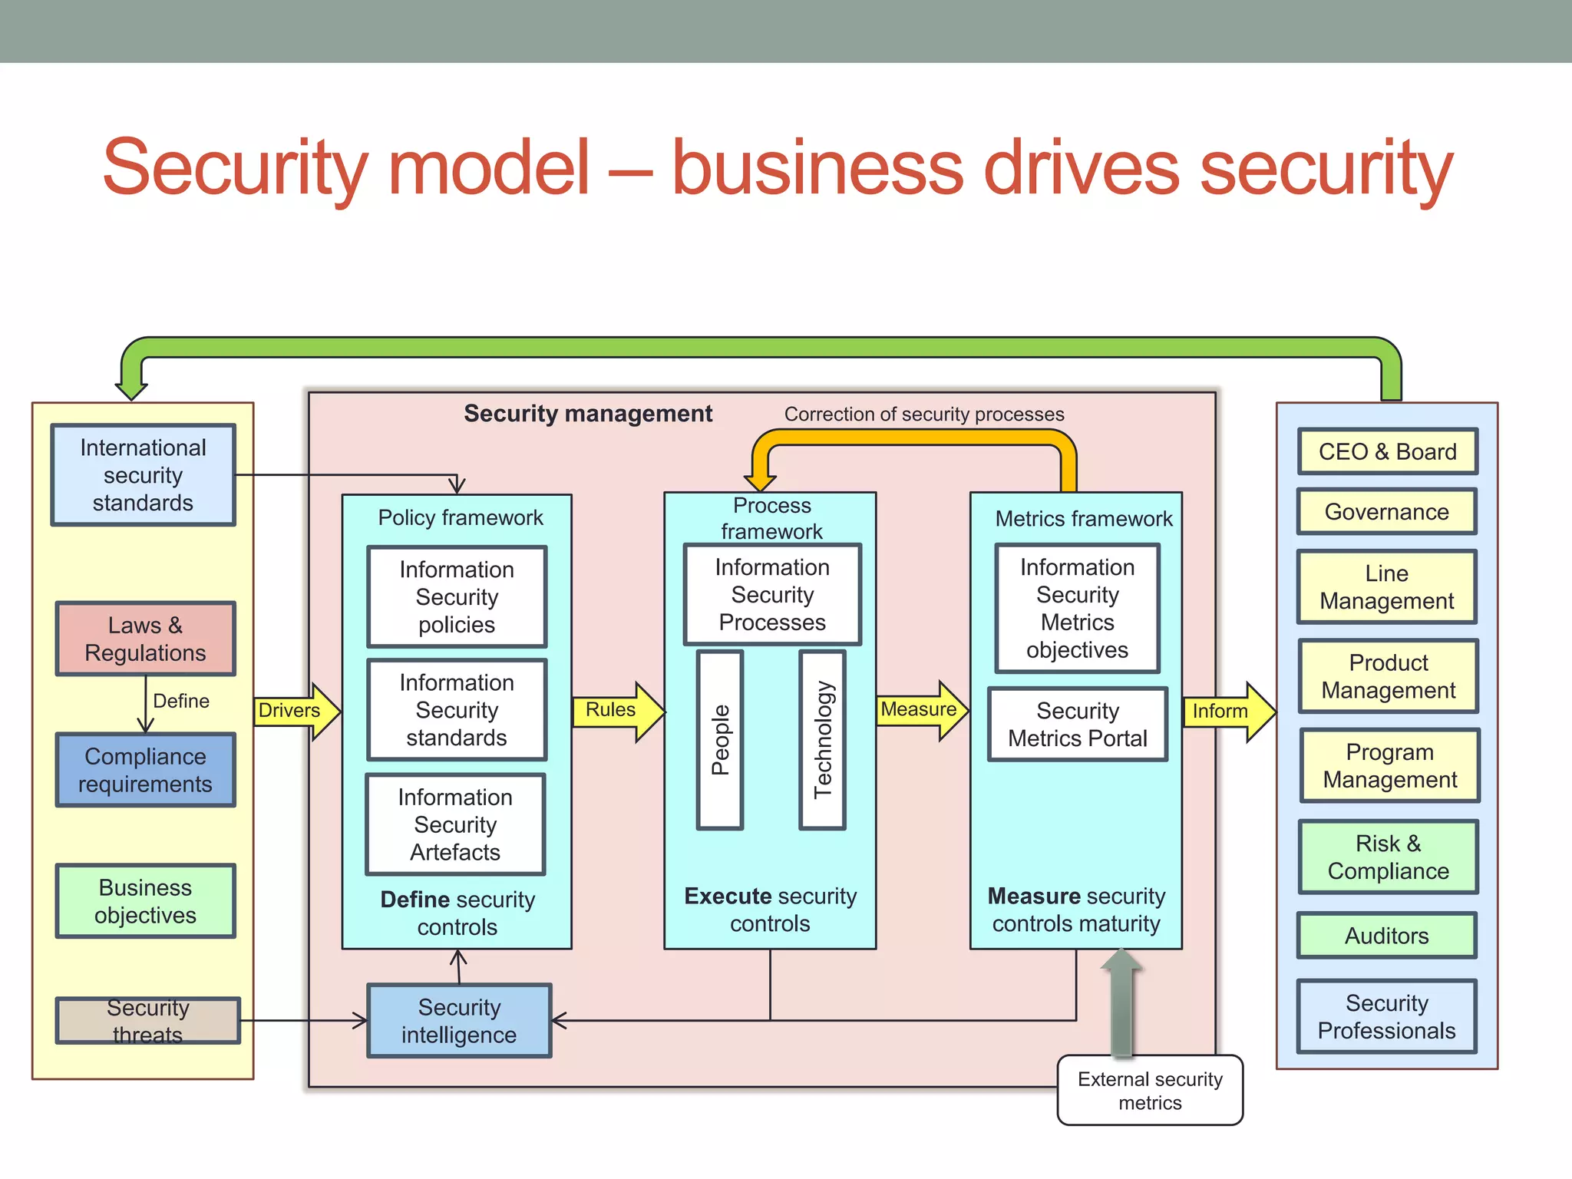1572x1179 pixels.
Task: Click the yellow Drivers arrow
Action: click(296, 711)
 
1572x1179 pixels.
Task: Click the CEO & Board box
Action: click(1387, 451)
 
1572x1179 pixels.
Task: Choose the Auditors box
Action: click(1386, 936)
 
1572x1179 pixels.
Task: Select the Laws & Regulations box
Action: click(145, 639)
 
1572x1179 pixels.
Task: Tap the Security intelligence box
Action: click(459, 1021)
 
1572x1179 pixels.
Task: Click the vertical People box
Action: click(720, 740)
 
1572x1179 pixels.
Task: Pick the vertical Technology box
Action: click(822, 740)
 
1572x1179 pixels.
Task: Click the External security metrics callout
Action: click(1150, 1091)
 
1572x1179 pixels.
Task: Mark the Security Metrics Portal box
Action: click(1077, 725)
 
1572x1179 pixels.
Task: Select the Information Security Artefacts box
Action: click(455, 824)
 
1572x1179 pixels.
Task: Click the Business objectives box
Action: click(145, 901)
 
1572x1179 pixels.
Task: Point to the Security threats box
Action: click(147, 1021)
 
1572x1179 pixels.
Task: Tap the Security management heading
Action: click(588, 414)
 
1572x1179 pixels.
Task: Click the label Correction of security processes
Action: click(923, 414)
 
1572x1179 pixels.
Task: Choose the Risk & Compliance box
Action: click(1388, 857)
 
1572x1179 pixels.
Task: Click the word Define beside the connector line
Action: click(181, 701)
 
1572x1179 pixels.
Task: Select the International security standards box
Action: click(144, 475)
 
